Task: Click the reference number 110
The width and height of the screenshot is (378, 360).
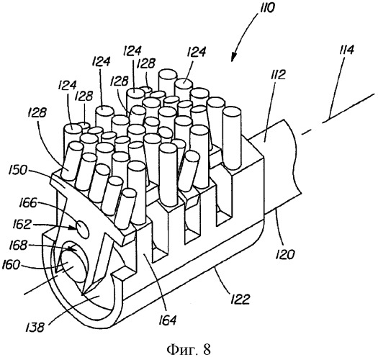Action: pos(266,9)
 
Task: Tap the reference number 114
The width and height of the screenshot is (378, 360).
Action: pos(346,50)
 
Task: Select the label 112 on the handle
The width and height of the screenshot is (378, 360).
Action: pos(278,74)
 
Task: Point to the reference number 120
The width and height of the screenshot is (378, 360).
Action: pos(285,254)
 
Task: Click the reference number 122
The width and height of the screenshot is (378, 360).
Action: pos(240,299)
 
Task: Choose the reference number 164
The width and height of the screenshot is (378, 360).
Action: pos(168,320)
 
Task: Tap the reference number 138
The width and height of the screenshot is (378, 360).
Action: pos(36,328)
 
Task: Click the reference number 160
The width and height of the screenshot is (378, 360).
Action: pos(10,265)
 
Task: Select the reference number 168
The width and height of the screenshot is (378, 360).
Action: pos(17,246)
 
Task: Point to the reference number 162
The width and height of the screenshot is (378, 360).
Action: pos(20,225)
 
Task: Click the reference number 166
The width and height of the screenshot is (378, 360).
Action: pos(28,203)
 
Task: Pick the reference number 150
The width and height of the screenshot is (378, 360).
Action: pos(17,171)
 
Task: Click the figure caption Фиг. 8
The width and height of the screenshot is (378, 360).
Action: pos(189,349)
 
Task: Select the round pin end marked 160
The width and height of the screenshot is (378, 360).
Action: pos(73,266)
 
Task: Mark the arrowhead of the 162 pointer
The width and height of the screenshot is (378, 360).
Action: pos(74,227)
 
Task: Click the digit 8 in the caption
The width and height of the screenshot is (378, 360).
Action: pos(207,349)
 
